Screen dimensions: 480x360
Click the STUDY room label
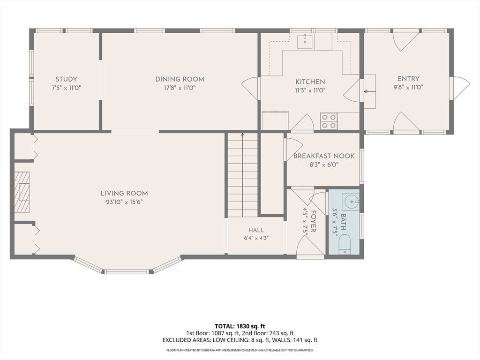coord(66,79)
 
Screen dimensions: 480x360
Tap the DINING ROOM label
coord(180,79)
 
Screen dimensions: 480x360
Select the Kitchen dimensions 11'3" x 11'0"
coord(310,90)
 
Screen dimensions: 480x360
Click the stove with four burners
coord(329,121)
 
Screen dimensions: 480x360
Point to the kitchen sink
coord(305,42)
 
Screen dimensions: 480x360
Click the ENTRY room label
coord(408,79)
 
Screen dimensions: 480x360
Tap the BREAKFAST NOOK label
coord(324,156)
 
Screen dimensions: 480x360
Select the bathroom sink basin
coord(351,202)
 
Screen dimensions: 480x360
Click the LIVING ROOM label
coord(124,193)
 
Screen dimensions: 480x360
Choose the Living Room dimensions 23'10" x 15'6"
coord(124,202)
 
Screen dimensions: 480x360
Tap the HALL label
coord(256,230)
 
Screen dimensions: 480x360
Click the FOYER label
coord(314,221)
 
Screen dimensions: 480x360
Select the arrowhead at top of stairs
coord(243,135)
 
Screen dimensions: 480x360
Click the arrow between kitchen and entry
coord(367,91)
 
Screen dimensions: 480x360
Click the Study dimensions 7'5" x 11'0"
coord(66,88)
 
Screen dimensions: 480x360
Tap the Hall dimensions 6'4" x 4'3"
coord(256,238)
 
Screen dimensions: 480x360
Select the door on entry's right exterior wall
coord(459,88)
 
